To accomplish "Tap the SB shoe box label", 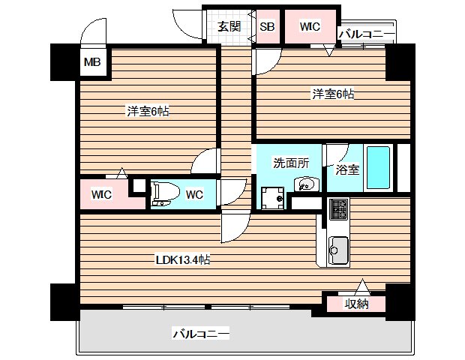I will point(267,27).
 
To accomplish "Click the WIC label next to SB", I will point(310,27).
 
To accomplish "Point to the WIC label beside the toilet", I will point(101,195).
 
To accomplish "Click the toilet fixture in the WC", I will point(163,193).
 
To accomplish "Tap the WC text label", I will point(194,195).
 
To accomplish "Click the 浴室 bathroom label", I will point(347,169).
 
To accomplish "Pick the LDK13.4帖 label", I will point(182,260).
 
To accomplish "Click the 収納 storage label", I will point(355,304).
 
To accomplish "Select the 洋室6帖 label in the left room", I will point(147,112).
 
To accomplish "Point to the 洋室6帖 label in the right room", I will point(334,94).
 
